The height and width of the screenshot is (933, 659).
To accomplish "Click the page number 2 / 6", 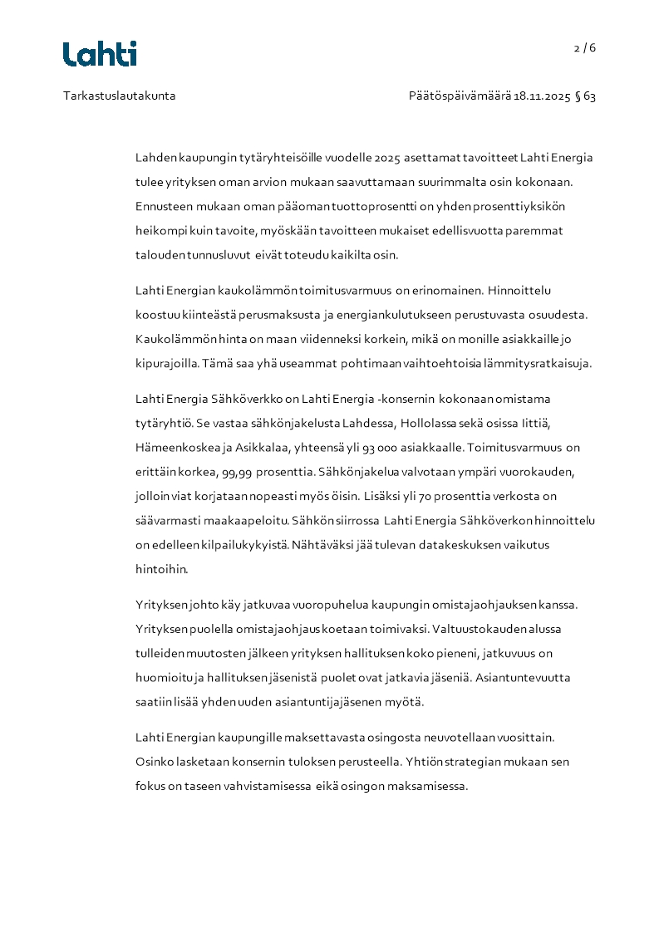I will (585, 48).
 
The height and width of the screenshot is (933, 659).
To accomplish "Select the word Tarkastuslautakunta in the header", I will (119, 96).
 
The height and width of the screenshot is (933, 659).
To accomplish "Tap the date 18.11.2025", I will (542, 96).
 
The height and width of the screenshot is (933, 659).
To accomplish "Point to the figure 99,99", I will (239, 472).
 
